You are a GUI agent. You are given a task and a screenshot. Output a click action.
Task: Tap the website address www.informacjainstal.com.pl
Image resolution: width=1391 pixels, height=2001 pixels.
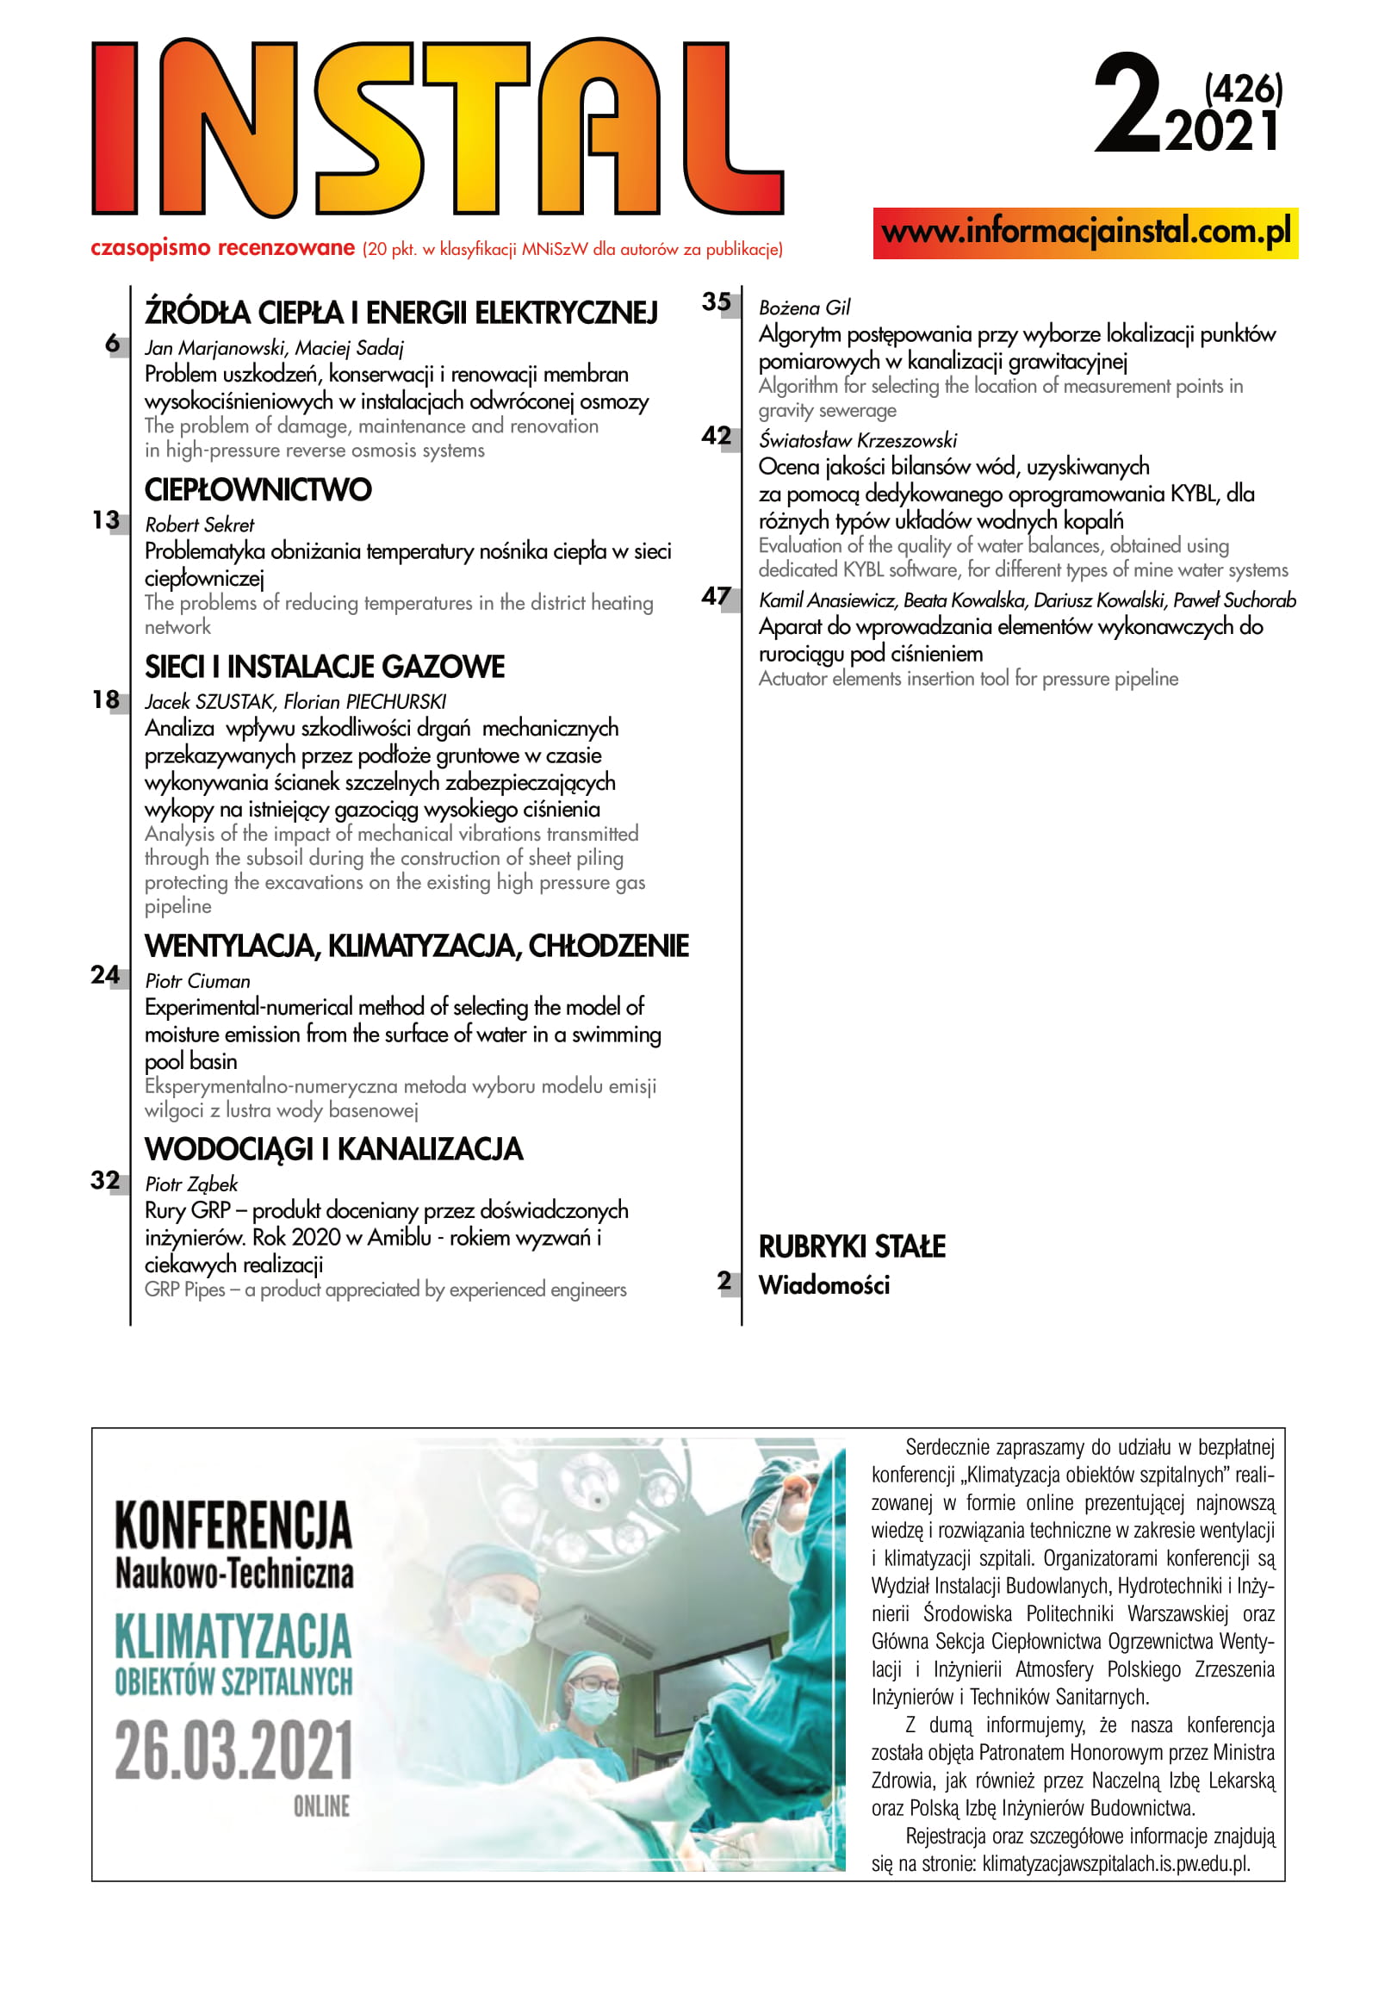point(1085,233)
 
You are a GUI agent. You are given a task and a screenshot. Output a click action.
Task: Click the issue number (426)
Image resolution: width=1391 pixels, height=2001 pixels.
point(1243,89)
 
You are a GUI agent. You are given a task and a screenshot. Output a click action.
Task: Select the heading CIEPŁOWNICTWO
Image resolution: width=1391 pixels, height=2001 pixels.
point(258,490)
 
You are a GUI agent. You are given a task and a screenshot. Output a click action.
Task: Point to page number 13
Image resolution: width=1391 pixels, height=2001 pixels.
point(105,520)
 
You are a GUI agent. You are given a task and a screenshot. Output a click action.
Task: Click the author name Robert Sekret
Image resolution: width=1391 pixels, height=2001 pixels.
point(200,525)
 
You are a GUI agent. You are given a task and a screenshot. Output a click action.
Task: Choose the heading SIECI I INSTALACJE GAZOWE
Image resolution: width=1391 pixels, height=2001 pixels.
point(324,667)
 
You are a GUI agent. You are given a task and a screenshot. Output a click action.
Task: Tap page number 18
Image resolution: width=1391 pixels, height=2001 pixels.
point(105,699)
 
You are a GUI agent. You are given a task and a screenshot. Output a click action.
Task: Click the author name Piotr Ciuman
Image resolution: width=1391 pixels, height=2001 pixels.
point(197,980)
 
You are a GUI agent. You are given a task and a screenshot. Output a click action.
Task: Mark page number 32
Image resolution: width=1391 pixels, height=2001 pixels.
point(105,1180)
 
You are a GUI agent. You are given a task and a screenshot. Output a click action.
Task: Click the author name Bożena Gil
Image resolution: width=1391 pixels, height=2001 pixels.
point(804,308)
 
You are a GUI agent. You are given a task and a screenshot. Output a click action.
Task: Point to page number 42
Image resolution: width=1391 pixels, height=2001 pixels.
point(717,436)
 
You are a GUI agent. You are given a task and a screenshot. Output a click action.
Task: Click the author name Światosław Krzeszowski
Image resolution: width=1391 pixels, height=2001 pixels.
point(857,440)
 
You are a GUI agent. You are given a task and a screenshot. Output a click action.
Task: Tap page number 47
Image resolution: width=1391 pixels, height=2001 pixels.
point(717,596)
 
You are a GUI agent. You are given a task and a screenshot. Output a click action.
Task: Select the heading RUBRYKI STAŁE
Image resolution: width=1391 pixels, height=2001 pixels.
point(852,1246)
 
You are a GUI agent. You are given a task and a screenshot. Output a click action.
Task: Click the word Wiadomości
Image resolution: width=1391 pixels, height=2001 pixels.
point(823,1285)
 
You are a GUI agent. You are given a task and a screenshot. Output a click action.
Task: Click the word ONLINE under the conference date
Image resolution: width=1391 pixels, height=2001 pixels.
point(320,1806)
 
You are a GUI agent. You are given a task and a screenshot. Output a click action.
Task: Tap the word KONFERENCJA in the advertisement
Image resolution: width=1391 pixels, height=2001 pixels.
point(233,1526)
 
